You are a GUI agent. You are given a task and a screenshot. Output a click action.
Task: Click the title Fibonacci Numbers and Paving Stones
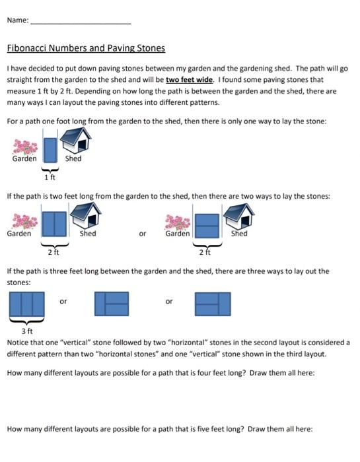pos(86,48)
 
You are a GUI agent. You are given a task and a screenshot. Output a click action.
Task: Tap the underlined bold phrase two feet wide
pos(188,79)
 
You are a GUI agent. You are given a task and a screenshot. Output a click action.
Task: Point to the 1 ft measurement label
pos(50,177)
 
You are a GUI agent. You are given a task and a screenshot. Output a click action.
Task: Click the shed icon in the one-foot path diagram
pos(75,140)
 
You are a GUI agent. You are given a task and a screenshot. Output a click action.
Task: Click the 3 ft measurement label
pos(27,330)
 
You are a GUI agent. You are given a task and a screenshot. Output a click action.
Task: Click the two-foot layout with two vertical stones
pos(55,224)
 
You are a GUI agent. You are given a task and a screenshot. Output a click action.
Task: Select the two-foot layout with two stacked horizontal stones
pos(206,224)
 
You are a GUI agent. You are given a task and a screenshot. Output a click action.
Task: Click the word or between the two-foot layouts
pos(142,234)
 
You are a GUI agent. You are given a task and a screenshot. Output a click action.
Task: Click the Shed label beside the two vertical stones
pos(88,233)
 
